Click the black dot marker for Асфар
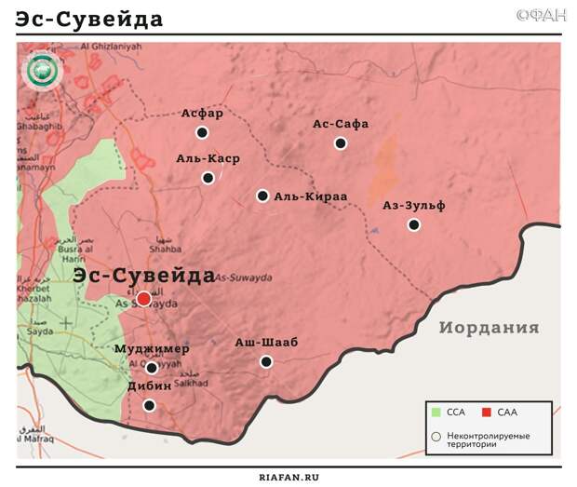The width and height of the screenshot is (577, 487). [202, 133]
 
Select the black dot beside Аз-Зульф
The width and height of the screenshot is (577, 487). [414, 224]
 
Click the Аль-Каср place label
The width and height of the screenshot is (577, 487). [208, 158]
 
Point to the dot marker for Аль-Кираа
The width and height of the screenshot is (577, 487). [262, 196]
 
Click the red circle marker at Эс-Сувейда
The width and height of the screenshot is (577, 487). [143, 298]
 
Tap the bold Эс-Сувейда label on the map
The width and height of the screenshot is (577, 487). [143, 276]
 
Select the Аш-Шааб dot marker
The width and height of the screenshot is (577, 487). [266, 361]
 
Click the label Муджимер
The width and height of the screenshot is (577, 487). [152, 349]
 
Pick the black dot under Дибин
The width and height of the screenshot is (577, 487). [149, 405]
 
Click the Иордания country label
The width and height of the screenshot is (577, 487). [490, 328]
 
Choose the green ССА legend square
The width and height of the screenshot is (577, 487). [436, 412]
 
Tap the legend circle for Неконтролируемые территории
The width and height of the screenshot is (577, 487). [436, 435]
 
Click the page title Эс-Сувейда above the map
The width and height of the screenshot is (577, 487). [89, 20]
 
